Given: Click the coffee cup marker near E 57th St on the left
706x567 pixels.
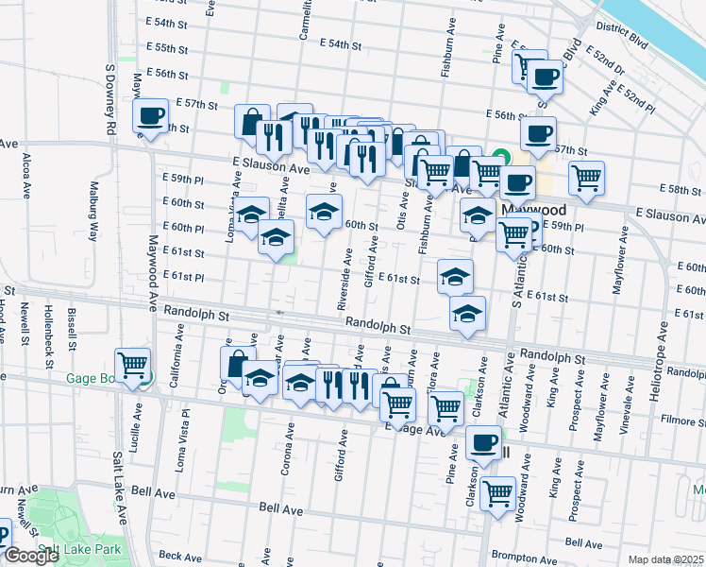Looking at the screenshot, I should (150, 116).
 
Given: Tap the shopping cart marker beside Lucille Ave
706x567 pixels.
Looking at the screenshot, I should (132, 364).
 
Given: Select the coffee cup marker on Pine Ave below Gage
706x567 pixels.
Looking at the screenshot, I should (485, 442).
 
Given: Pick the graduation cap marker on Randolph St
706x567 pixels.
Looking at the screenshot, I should (466, 315).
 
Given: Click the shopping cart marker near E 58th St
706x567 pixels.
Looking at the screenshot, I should (587, 177).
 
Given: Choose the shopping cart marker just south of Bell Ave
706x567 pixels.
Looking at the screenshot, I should (496, 492).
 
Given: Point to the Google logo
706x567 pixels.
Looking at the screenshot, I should (31, 556).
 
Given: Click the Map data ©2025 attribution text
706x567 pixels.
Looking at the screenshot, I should (665, 559).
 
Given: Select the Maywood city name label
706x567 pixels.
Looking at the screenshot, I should (533, 209).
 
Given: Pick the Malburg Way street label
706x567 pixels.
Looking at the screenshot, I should (92, 219).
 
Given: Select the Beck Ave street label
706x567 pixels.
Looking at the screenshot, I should (182, 556).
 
